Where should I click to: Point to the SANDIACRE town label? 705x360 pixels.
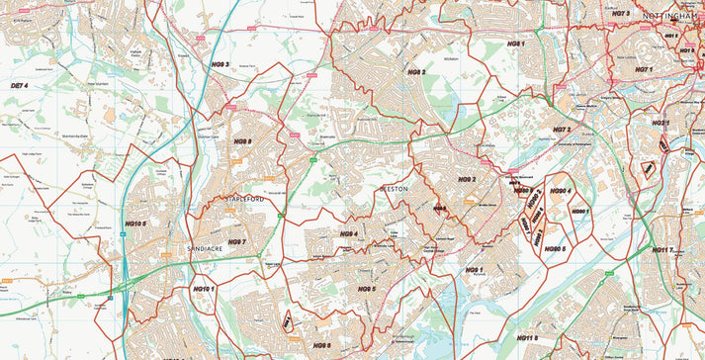[x=206, y=248]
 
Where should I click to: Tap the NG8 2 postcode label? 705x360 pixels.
[x=416, y=72]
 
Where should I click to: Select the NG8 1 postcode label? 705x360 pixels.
[x=515, y=45]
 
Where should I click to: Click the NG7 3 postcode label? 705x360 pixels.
[x=620, y=14]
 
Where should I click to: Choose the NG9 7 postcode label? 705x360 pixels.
[x=236, y=242]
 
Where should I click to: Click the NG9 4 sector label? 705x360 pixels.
[x=348, y=234]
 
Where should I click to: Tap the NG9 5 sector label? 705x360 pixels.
[x=366, y=289]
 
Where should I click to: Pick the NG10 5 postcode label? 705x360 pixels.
[x=135, y=225]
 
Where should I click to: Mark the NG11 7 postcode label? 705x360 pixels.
[x=662, y=250]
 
